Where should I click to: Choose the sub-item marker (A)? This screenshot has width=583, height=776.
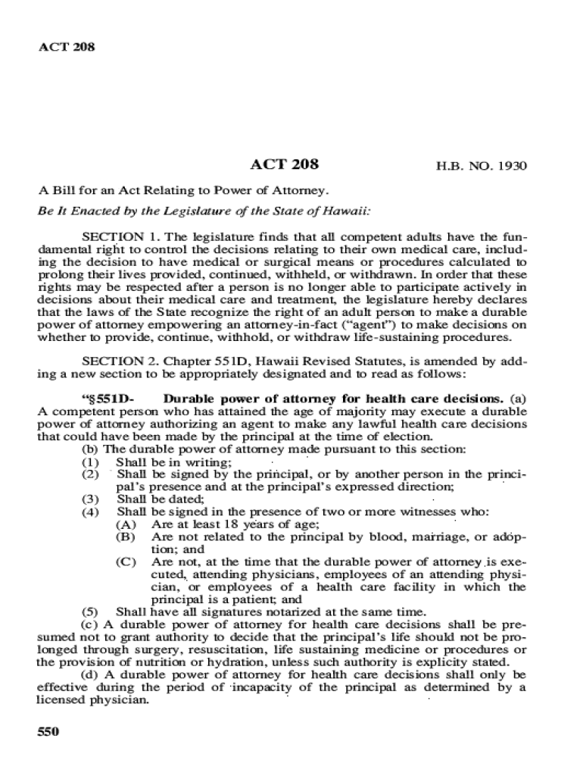tap(126, 524)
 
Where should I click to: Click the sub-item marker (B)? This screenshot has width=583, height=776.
tap(126, 537)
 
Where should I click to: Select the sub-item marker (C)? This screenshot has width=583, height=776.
tap(126, 562)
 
